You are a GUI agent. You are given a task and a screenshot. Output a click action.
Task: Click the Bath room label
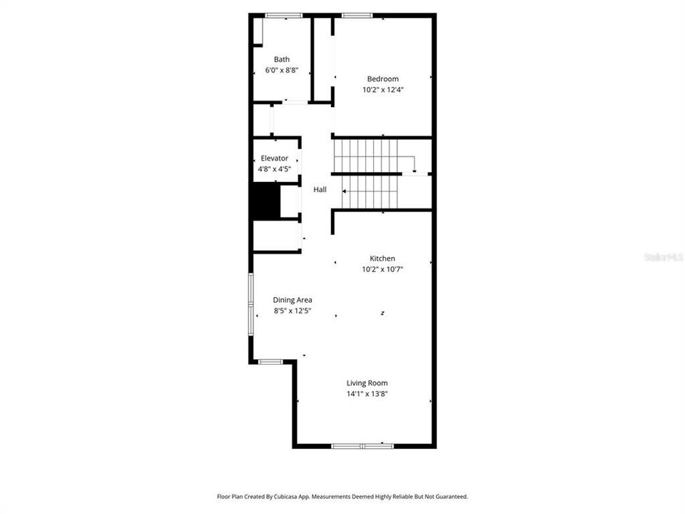click(282, 59)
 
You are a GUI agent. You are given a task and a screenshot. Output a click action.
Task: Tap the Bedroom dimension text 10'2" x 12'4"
click(382, 90)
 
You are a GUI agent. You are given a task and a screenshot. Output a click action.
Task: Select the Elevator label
click(274, 158)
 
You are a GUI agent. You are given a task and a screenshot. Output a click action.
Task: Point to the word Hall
click(320, 190)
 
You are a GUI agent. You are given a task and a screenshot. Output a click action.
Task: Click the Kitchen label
click(382, 258)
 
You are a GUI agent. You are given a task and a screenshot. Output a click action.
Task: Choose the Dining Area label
click(293, 301)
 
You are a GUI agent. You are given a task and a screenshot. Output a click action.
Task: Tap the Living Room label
click(367, 383)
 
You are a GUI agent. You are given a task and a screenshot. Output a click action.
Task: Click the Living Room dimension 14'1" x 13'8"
click(367, 394)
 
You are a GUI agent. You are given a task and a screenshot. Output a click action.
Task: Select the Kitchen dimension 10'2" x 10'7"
click(382, 269)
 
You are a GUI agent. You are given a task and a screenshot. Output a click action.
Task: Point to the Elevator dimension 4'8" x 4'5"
click(274, 169)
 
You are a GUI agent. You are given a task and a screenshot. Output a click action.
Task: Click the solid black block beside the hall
click(266, 201)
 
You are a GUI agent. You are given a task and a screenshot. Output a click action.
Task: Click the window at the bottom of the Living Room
click(362, 445)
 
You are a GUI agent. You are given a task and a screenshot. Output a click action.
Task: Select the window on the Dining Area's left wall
click(250, 304)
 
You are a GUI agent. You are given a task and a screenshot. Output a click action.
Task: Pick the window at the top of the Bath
click(284, 16)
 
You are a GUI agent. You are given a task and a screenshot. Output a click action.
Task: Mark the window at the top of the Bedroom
click(357, 16)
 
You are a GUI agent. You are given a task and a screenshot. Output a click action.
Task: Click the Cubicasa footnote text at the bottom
click(342, 497)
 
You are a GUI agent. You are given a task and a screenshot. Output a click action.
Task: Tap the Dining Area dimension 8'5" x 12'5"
click(293, 311)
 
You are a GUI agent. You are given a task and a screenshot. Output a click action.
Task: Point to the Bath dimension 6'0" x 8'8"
click(282, 70)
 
